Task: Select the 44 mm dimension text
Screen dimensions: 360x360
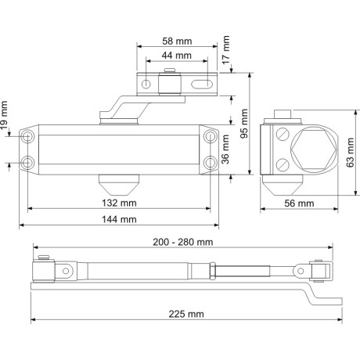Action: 177,56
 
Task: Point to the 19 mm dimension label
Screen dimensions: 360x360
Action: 6,114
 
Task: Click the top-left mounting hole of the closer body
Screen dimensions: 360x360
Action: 29,136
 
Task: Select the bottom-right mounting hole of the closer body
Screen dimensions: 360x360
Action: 210,162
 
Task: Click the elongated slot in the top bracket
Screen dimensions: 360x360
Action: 201,83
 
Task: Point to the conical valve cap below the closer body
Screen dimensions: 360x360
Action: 119,185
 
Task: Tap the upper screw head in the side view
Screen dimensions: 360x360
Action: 283,134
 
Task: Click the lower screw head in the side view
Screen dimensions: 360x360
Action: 283,164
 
